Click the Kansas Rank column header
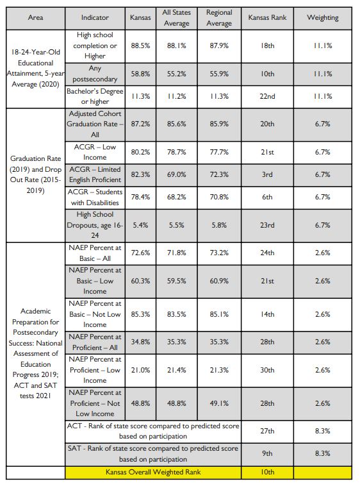[x=267, y=18]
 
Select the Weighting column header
[x=323, y=18]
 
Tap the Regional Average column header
[x=219, y=18]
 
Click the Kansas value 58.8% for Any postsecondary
[x=140, y=74]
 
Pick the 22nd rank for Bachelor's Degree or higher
[x=267, y=96]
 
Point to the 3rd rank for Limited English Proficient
[x=267, y=174]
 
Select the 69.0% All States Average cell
[x=176, y=174]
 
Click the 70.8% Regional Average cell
[x=219, y=197]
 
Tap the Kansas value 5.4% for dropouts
[x=140, y=225]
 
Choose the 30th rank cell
[x=267, y=370]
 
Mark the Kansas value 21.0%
[x=140, y=370]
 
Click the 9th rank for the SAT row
[x=267, y=453]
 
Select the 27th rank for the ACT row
[x=267, y=431]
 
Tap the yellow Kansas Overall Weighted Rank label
[x=153, y=472]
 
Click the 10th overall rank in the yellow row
[x=267, y=472]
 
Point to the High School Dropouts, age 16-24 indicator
[x=95, y=225]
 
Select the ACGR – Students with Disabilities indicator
[x=95, y=197]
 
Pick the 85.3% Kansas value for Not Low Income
[x=140, y=314]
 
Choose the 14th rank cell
[x=267, y=314]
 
